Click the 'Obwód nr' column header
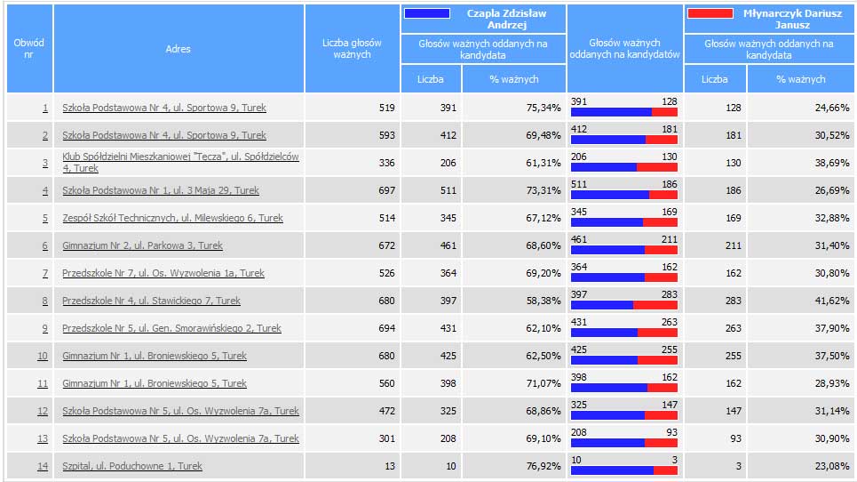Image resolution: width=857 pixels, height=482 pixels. pyautogui.click(x=29, y=48)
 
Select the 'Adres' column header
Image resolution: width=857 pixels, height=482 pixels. pyautogui.click(x=178, y=49)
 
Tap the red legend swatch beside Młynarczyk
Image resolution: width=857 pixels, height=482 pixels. pyautogui.click(x=710, y=13)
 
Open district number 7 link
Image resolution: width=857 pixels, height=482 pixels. pyautogui.click(x=44, y=273)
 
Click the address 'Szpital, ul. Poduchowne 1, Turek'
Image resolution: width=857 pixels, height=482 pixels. pyautogui.click(x=132, y=466)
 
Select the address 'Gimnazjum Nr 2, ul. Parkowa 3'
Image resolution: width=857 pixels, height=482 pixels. pyautogui.click(x=142, y=245)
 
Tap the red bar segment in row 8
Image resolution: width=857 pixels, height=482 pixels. pyautogui.click(x=655, y=306)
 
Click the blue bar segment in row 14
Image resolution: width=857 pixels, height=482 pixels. pyautogui.click(x=612, y=471)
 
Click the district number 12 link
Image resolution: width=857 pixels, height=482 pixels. pyautogui.click(x=43, y=411)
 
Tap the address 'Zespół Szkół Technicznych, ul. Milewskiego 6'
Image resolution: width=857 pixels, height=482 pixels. pyautogui.click(x=172, y=218)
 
